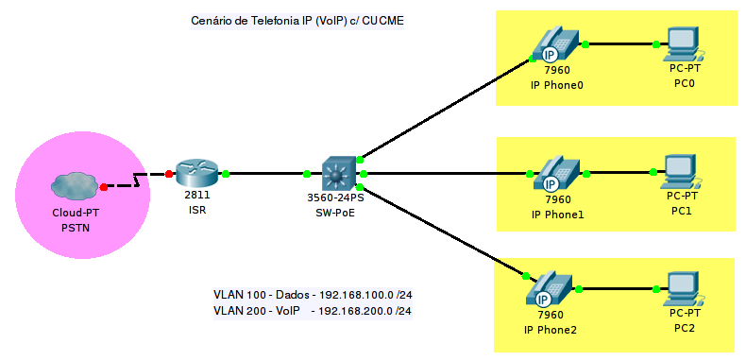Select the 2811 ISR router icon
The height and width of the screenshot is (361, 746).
[196, 173]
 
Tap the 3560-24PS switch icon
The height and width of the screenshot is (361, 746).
[335, 174]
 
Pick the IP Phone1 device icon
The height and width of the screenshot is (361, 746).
[557, 174]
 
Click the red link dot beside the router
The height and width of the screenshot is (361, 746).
[169, 174]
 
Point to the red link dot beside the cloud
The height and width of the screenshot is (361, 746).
[104, 187]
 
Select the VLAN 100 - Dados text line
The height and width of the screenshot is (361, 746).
[313, 295]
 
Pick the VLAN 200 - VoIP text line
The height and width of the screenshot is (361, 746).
[313, 310]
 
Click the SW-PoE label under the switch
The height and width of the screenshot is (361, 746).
[336, 213]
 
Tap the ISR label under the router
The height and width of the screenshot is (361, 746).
[196, 210]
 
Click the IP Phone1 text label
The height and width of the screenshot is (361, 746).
[557, 214]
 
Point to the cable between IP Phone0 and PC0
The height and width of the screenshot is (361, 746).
[620, 43]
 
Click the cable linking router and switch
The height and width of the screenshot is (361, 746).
[266, 174]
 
